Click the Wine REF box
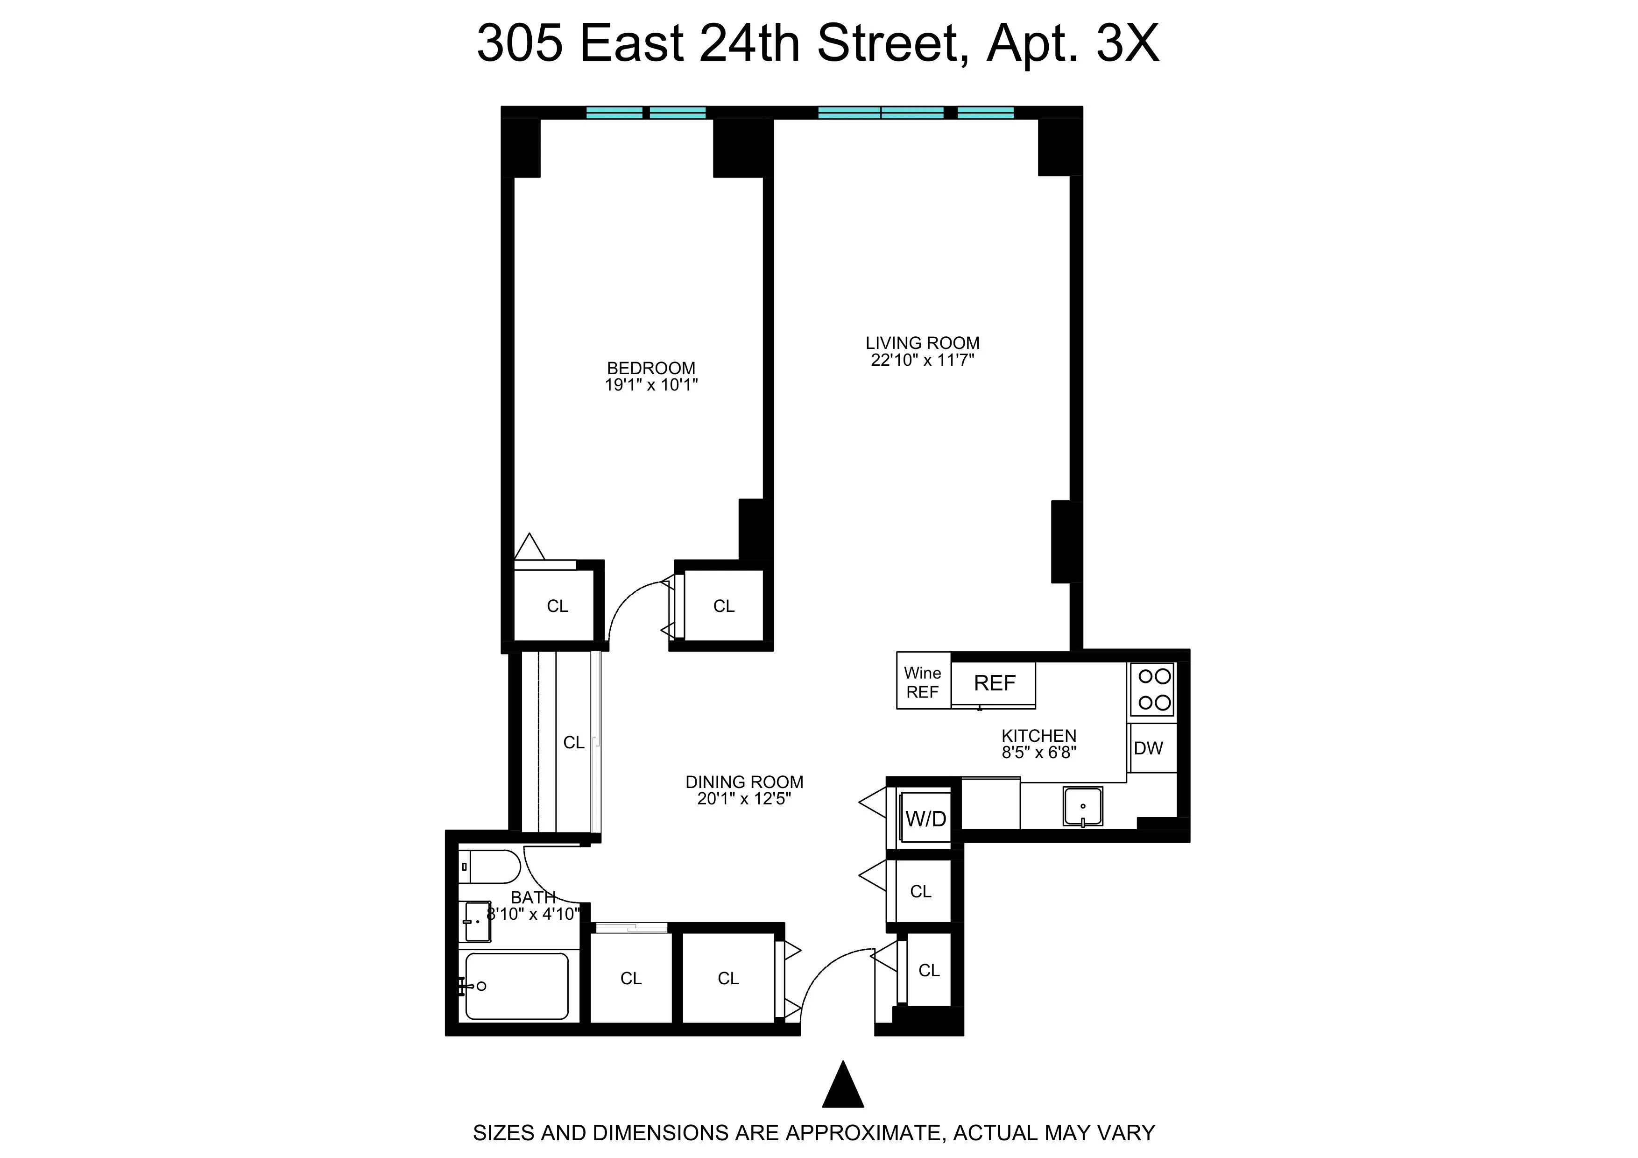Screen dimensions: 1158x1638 click(x=923, y=682)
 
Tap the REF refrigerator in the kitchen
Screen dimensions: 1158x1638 click(x=994, y=683)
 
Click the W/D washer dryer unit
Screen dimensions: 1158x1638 click(x=925, y=818)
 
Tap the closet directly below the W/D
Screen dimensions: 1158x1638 click(x=920, y=891)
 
